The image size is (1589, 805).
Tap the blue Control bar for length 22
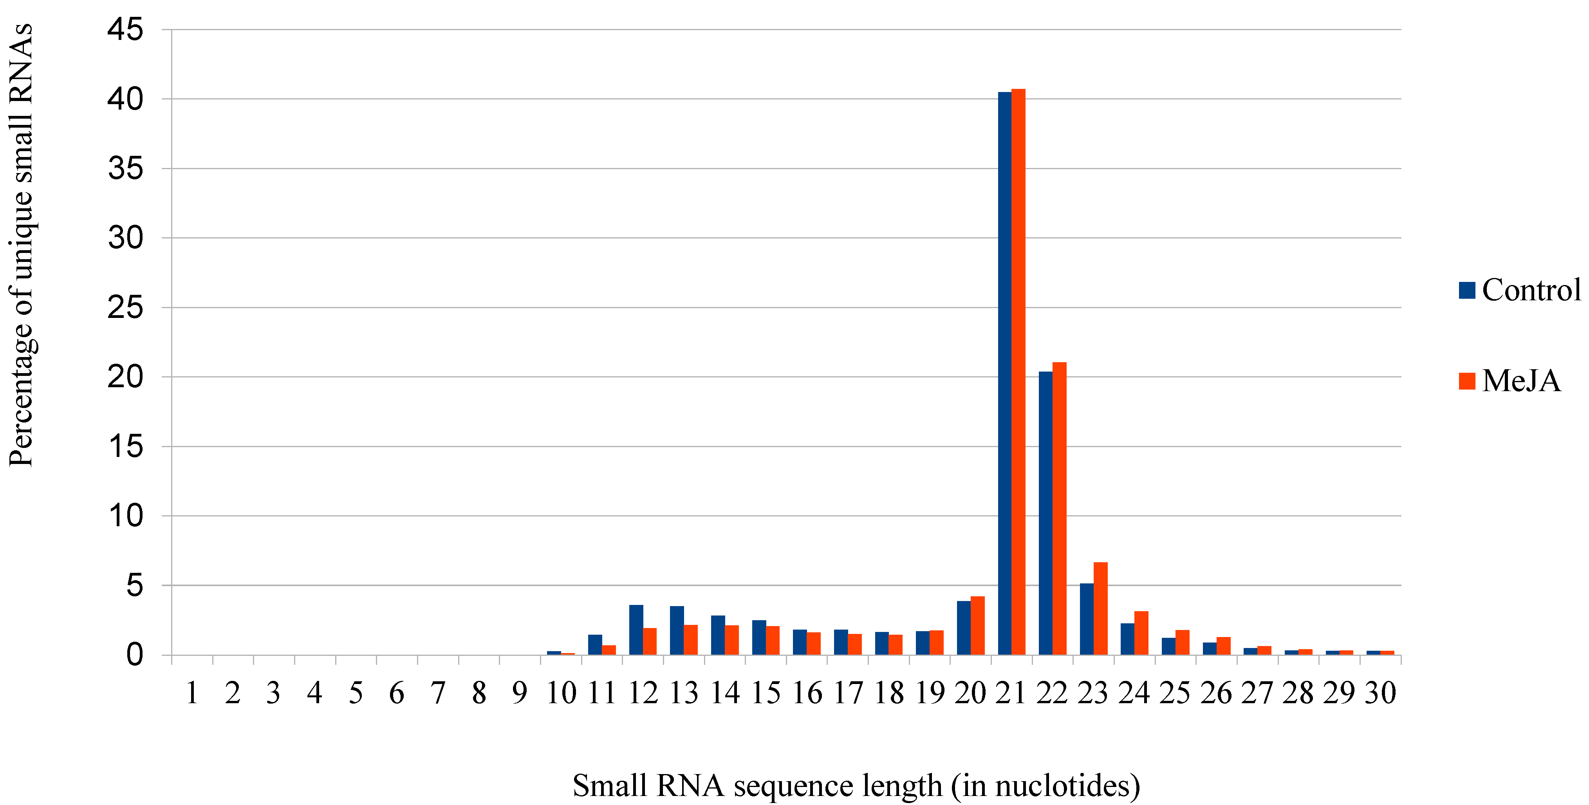1045,513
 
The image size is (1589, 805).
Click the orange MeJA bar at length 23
1100,608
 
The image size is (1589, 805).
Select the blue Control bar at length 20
964,627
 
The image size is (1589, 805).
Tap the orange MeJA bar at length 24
1141,633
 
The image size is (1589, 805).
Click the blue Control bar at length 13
677,630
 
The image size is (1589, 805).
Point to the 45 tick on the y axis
125,30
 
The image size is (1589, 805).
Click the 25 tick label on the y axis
125,307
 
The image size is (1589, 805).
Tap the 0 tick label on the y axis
134,655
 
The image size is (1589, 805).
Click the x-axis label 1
192,693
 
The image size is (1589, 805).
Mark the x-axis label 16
807,693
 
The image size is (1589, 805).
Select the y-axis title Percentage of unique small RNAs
21,245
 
